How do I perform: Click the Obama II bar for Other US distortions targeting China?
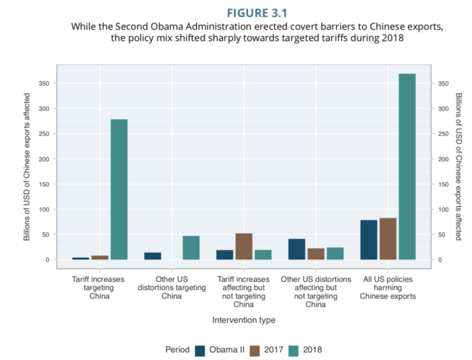153,256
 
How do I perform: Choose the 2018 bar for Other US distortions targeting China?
191,247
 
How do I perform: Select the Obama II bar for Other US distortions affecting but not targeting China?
296,249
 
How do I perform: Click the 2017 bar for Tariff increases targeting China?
100,257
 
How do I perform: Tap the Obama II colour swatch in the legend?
201,349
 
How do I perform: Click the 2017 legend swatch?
256,349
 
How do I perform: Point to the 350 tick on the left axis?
44,84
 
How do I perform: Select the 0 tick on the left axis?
47,260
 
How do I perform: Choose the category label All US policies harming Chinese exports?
388,288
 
